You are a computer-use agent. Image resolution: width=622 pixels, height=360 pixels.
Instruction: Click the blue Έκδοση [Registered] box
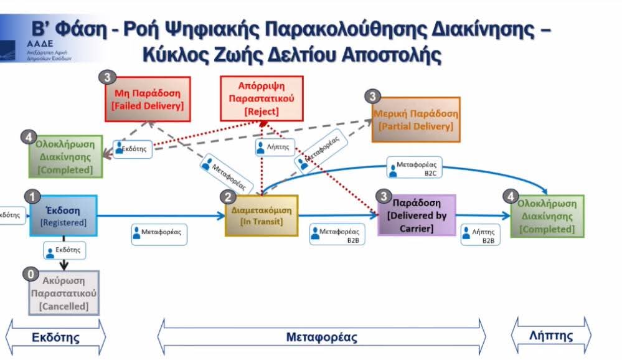(x=64, y=216)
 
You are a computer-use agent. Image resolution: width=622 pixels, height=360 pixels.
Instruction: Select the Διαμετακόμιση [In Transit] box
(x=262, y=216)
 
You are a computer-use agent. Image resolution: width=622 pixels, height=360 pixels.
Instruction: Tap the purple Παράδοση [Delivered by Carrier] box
(x=417, y=216)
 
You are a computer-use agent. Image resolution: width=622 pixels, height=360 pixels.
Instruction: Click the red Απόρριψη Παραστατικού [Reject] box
(x=262, y=98)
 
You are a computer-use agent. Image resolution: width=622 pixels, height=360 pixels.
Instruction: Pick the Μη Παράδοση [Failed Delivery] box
(x=148, y=100)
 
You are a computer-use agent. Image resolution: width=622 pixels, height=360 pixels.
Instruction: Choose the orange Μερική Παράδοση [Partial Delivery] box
(x=415, y=120)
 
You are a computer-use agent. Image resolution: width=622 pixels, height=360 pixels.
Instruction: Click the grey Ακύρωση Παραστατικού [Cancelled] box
(x=64, y=293)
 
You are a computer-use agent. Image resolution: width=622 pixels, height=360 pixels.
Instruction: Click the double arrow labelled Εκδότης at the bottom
(x=56, y=338)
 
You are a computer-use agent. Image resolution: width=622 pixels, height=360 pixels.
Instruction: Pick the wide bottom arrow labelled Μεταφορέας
(x=321, y=338)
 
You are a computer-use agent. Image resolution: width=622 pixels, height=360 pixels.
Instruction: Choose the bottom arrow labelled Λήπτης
(x=551, y=336)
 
